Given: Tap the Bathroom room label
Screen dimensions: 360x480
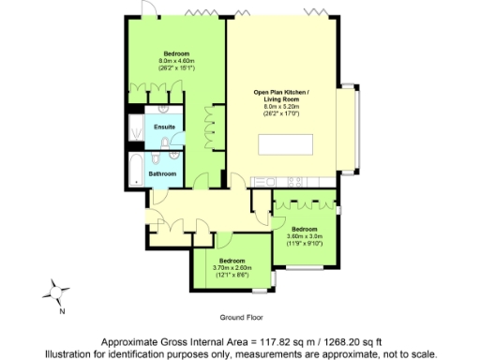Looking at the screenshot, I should click(x=151, y=173).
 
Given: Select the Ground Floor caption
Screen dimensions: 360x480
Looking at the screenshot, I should click(x=239, y=319).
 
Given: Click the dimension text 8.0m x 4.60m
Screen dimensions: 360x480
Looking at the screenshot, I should click(x=175, y=61).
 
